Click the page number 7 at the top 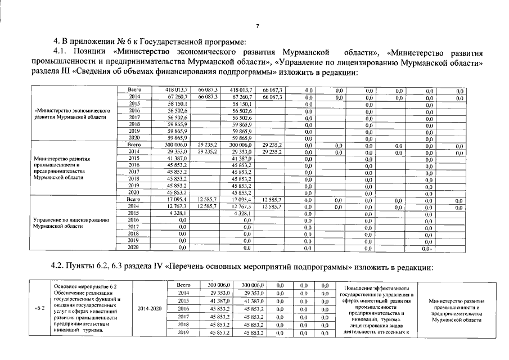[257, 26]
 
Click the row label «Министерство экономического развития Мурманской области [71, 114]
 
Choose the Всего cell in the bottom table [184, 285]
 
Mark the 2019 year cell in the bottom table [184, 333]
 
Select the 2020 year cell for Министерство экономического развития [134, 138]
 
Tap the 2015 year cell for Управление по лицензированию [134, 213]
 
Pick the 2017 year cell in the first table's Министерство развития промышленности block [134, 172]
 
